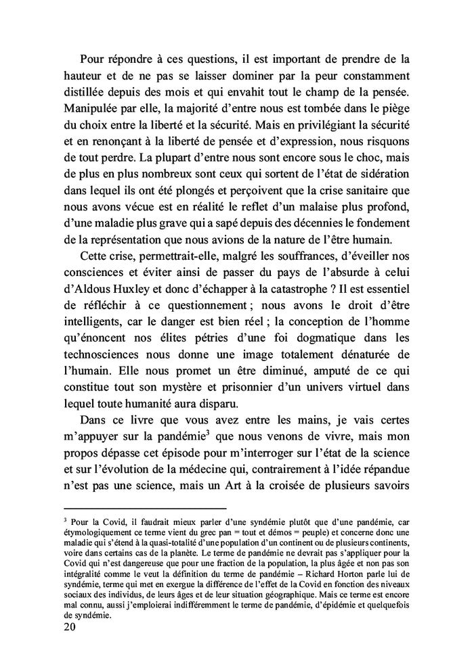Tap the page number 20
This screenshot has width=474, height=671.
coord(69,627)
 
